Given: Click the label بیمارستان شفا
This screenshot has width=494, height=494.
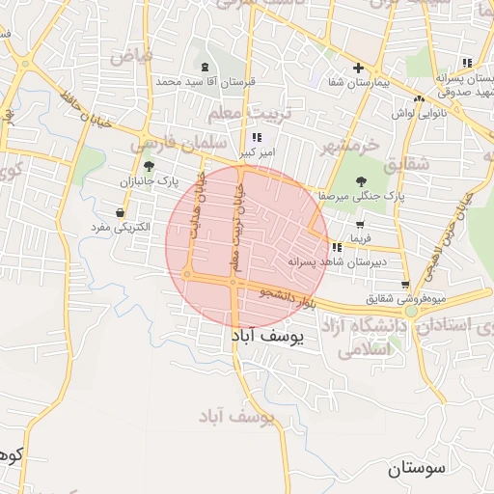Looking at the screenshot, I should click(359, 85).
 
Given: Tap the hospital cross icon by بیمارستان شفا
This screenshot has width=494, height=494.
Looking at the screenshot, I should click(358, 69).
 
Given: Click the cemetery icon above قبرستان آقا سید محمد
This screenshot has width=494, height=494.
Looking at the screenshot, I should click(204, 67).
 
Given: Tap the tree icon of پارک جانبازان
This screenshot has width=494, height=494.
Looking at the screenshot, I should click(148, 166).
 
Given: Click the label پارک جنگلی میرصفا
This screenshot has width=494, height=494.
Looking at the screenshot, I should click(359, 196).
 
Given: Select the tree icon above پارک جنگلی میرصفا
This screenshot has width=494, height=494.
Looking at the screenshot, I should click(362, 180).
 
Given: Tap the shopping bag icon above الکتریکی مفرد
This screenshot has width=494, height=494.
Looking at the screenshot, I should click(120, 213).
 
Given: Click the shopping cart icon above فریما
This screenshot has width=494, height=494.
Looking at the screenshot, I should click(360, 225).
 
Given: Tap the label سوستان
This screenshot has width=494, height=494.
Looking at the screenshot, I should click(418, 470).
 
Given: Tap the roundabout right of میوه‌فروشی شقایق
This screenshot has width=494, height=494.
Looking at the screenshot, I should click(412, 312).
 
